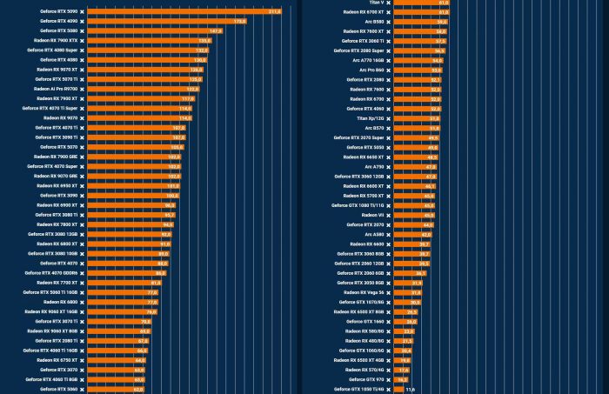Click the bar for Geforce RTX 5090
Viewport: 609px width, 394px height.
coord(183,11)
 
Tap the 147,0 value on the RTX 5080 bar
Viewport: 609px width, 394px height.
coord(216,30)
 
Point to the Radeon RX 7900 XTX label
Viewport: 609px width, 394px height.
coord(56,40)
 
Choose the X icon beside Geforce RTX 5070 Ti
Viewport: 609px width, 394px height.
coord(83,79)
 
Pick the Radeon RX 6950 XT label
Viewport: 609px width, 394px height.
coord(57,185)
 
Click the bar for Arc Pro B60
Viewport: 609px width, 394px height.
coord(418,70)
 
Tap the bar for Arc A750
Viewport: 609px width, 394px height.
coord(415,166)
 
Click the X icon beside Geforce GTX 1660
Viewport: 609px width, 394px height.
coord(388,322)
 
